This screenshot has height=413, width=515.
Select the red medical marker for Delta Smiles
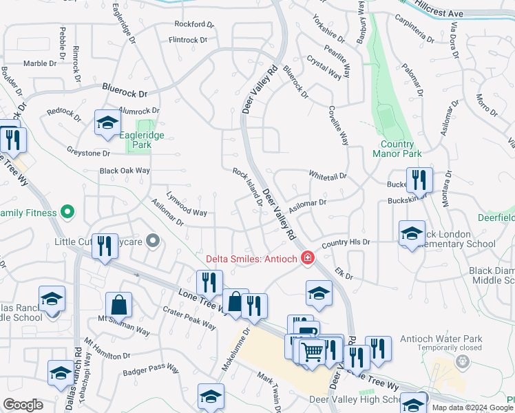pyautogui.click(x=307, y=259)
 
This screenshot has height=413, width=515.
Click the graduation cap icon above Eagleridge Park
pyautogui.click(x=107, y=123)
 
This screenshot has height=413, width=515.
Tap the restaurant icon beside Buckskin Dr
pyautogui.click(x=419, y=180)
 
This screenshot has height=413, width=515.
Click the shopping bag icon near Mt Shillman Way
pyautogui.click(x=119, y=304)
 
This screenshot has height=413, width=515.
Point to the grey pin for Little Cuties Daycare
pyautogui.click(x=153, y=241)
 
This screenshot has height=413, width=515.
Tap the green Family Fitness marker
pyautogui.click(x=67, y=212)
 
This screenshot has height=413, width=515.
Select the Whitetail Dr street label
pyautogui.click(x=328, y=176)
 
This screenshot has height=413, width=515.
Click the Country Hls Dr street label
pyautogui.click(x=346, y=242)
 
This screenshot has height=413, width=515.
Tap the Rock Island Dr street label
pyautogui.click(x=247, y=187)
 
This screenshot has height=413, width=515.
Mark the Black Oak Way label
pyautogui.click(x=125, y=170)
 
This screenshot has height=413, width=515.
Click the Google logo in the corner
pyautogui.click(x=23, y=405)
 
